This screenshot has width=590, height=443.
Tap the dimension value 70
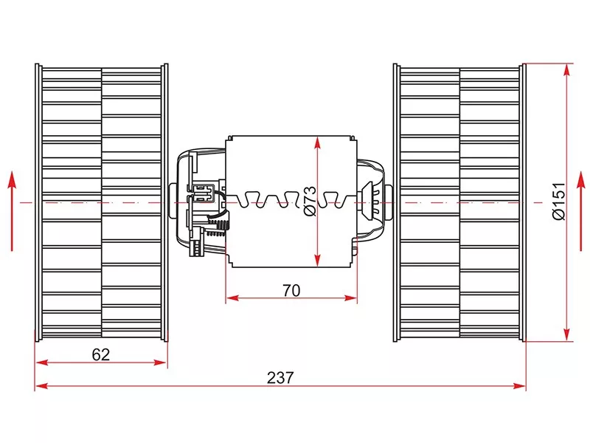click(291, 290)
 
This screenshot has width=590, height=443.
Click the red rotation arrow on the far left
click(13, 210)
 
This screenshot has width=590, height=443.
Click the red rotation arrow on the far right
click(579, 210)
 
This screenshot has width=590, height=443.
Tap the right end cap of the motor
click(372, 199)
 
